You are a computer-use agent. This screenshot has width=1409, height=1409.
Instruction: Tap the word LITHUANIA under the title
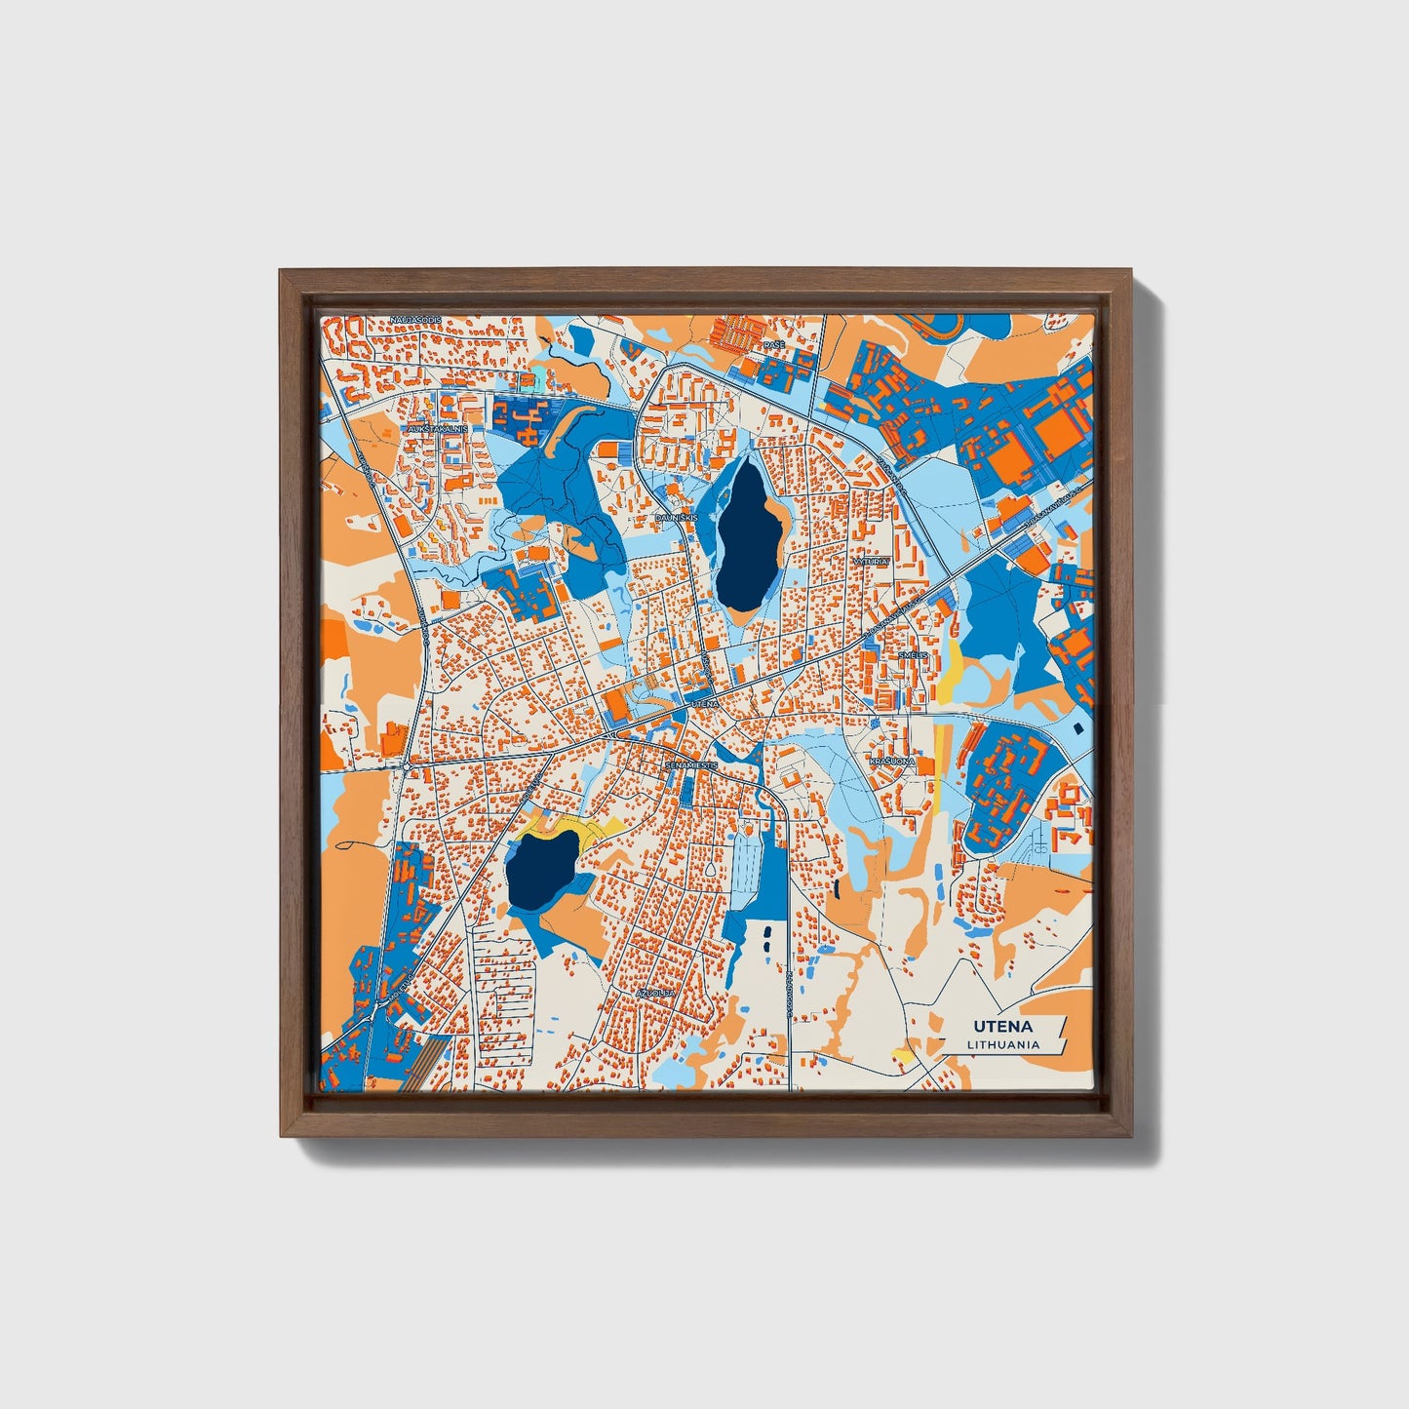tap(1003, 1044)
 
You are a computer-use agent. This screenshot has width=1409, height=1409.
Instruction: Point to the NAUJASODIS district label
tap(415, 319)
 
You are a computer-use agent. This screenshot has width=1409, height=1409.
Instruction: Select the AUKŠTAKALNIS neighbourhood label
tap(439, 428)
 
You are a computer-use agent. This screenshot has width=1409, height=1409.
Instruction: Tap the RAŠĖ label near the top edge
tap(773, 345)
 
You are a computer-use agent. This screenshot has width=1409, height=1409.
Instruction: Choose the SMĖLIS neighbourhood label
tap(913, 655)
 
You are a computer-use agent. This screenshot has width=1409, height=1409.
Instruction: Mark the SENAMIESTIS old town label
tap(690, 765)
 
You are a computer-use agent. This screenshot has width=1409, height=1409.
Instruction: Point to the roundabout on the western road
tap(406, 766)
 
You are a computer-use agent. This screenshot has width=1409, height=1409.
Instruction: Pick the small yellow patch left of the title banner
tap(903, 1055)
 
